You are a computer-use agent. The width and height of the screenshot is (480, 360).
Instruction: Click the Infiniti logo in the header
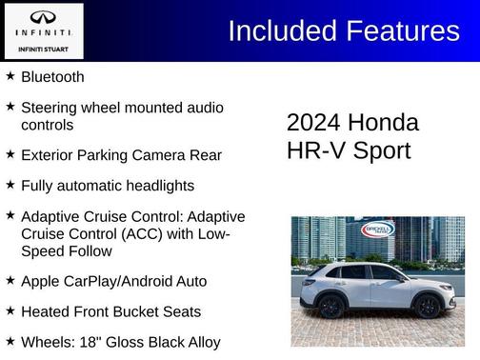click(43, 18)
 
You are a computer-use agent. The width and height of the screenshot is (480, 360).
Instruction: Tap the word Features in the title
click(399, 30)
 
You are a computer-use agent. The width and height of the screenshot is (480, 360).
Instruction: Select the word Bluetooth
click(52, 76)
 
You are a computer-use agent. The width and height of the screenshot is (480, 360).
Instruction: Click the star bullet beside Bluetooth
click(10, 75)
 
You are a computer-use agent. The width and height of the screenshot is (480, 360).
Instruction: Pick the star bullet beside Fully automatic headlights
click(10, 184)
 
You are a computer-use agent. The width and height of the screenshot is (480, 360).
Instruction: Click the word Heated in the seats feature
click(45, 311)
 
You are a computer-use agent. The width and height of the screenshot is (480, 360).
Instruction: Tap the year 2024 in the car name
click(313, 123)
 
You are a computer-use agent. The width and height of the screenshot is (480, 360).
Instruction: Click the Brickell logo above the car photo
click(377, 230)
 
